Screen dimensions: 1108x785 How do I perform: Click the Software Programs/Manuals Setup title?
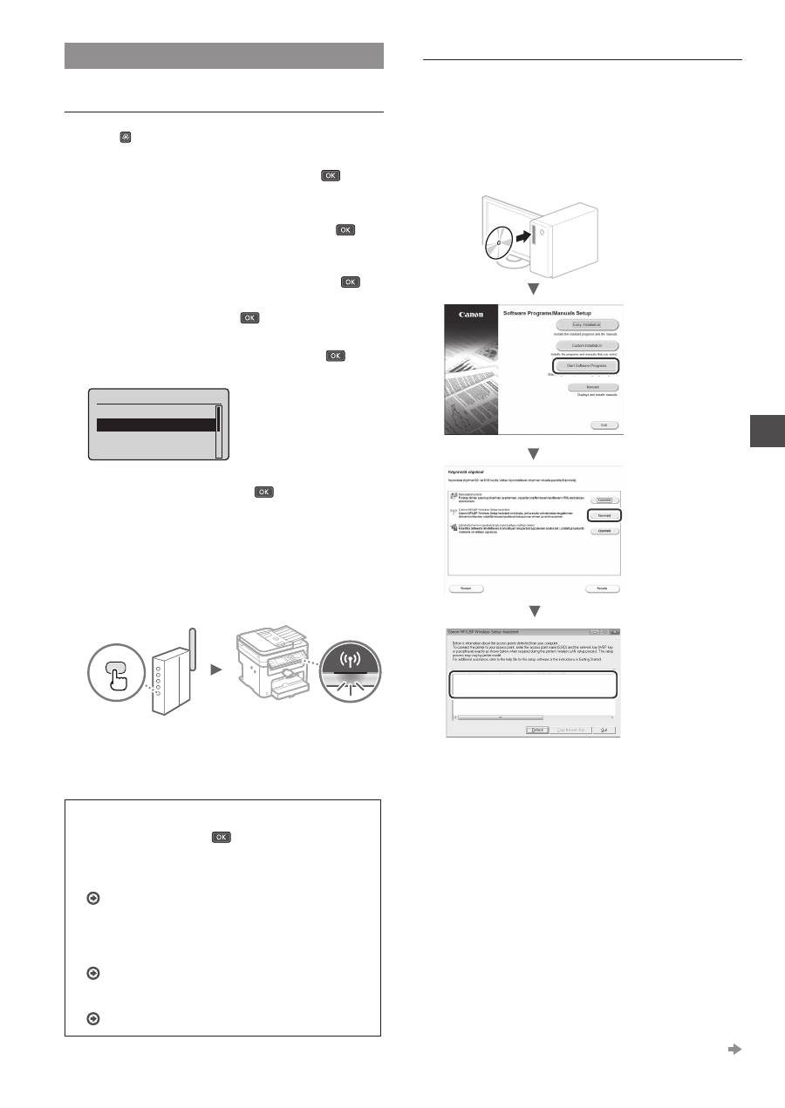click(x=557, y=310)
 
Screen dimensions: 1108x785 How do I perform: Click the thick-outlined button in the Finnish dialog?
click(x=597, y=515)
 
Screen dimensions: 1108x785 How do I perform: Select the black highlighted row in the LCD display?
click(x=156, y=425)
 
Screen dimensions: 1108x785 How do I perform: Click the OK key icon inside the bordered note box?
click(x=222, y=837)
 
